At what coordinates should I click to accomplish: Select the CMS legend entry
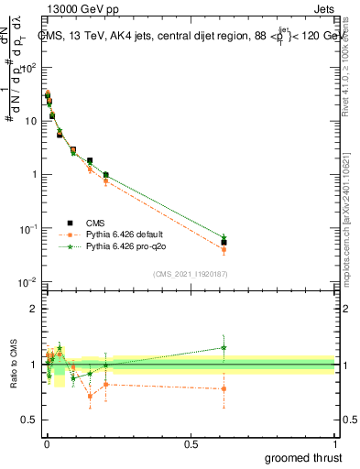[x=97, y=221]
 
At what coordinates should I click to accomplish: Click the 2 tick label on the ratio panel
[x=34, y=309]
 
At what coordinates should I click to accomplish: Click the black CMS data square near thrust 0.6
[x=224, y=243]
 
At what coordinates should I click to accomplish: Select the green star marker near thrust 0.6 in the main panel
[x=224, y=237]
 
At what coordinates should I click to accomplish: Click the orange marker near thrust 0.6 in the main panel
[x=224, y=249]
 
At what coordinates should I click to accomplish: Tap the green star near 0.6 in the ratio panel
[x=224, y=347]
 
